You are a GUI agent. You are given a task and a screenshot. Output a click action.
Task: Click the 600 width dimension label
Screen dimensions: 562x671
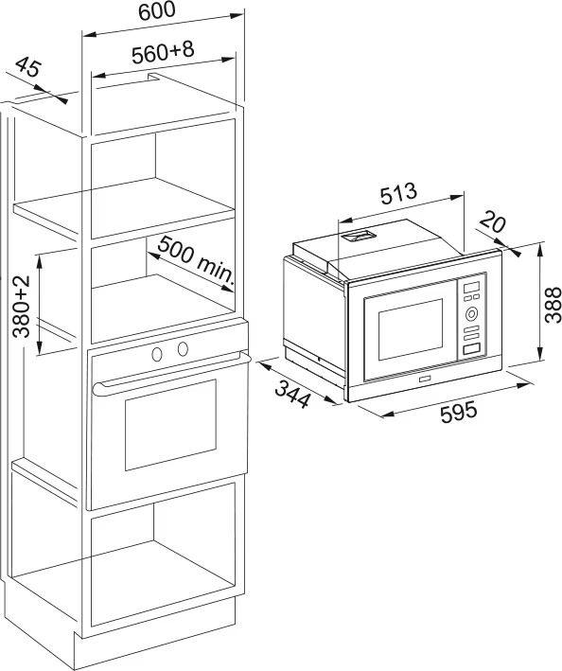tap(157, 10)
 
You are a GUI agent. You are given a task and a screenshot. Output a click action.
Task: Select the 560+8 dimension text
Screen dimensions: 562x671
tap(163, 53)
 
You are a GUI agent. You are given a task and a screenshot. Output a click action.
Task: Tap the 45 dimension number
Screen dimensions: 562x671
tap(28, 67)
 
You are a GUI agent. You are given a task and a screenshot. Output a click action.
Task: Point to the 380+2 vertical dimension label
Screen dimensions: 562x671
tap(21, 306)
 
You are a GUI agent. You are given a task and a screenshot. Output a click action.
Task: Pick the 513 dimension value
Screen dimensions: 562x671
tap(398, 193)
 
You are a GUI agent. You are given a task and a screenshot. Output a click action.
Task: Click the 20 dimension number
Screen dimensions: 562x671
tap(493, 222)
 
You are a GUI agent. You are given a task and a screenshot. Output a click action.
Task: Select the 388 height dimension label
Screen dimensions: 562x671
tap(553, 305)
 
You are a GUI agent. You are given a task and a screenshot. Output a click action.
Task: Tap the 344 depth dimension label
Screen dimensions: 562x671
tap(292, 394)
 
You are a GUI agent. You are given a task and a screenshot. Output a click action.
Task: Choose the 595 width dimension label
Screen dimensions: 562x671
tap(459, 412)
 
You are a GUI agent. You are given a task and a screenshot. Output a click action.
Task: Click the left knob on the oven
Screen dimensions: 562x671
tap(157, 354)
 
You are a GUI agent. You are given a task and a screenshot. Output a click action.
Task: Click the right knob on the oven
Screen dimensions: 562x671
tap(183, 349)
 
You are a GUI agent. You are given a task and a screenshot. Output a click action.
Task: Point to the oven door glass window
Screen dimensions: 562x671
tap(170, 425)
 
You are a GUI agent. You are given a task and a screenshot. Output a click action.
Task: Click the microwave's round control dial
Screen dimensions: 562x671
tap(471, 314)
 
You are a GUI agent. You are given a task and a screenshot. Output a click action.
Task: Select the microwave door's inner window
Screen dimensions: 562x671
tap(411, 329)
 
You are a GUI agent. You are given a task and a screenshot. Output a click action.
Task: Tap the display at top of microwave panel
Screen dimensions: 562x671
tap(471, 287)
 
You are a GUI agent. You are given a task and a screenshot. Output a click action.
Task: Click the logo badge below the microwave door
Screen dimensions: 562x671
tap(426, 379)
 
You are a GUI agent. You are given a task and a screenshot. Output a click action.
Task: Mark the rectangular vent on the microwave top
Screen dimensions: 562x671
tap(358, 236)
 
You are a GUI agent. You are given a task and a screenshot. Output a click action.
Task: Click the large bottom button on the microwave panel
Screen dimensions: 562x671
tap(471, 349)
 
